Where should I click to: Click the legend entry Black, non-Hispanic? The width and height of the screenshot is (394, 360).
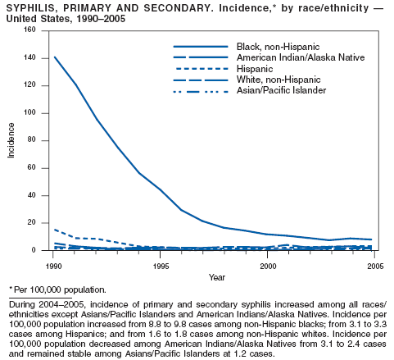278,47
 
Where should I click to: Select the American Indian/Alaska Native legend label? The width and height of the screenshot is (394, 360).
301,57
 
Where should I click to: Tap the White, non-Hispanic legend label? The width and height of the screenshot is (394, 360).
279,80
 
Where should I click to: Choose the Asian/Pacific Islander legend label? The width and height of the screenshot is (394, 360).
281,90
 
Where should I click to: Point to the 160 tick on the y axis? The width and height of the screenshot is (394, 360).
29,30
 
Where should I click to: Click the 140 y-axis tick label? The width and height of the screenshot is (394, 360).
29,57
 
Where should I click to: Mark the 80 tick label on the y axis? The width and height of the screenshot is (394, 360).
31,139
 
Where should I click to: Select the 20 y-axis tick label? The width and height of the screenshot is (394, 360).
31,222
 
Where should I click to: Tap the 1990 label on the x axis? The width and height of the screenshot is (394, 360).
54,266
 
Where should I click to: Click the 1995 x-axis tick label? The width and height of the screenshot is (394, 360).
161,266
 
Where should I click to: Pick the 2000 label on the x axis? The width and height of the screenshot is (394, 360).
268,266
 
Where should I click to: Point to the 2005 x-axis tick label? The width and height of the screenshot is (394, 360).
375,266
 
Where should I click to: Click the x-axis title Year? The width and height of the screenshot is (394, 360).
217,277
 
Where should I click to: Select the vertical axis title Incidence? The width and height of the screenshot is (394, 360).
11,140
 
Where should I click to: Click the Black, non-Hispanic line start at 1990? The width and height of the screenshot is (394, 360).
55,57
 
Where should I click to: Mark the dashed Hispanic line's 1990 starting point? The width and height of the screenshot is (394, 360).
55,230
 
